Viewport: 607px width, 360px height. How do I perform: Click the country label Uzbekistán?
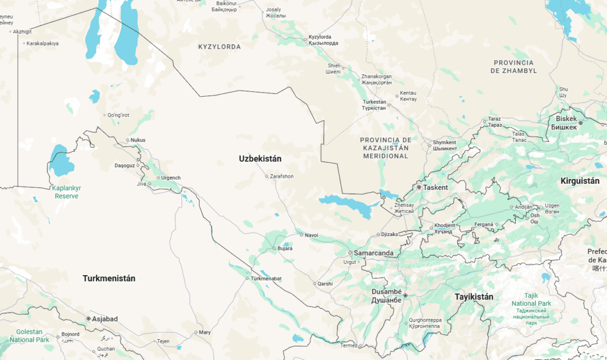click(x=260, y=158)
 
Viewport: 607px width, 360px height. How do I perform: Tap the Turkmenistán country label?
click(x=109, y=278)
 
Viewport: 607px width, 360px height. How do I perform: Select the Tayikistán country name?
click(x=474, y=297)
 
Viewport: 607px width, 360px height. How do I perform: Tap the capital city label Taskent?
click(x=436, y=187)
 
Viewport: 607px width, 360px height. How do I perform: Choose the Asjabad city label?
click(x=104, y=319)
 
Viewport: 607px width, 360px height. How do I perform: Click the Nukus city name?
click(x=138, y=141)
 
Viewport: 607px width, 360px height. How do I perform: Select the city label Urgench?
click(x=171, y=178)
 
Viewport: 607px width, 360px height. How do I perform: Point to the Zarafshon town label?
click(x=282, y=176)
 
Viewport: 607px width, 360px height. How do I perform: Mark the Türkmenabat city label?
click(x=266, y=279)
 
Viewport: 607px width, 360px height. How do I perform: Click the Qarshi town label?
click(x=325, y=283)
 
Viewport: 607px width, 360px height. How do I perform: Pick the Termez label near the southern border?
click(x=349, y=345)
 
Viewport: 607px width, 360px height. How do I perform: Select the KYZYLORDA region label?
click(x=219, y=46)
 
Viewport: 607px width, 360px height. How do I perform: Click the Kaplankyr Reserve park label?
click(x=68, y=192)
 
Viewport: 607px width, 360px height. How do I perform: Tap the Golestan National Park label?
click(x=29, y=336)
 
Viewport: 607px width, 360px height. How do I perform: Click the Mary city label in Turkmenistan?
click(x=205, y=332)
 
